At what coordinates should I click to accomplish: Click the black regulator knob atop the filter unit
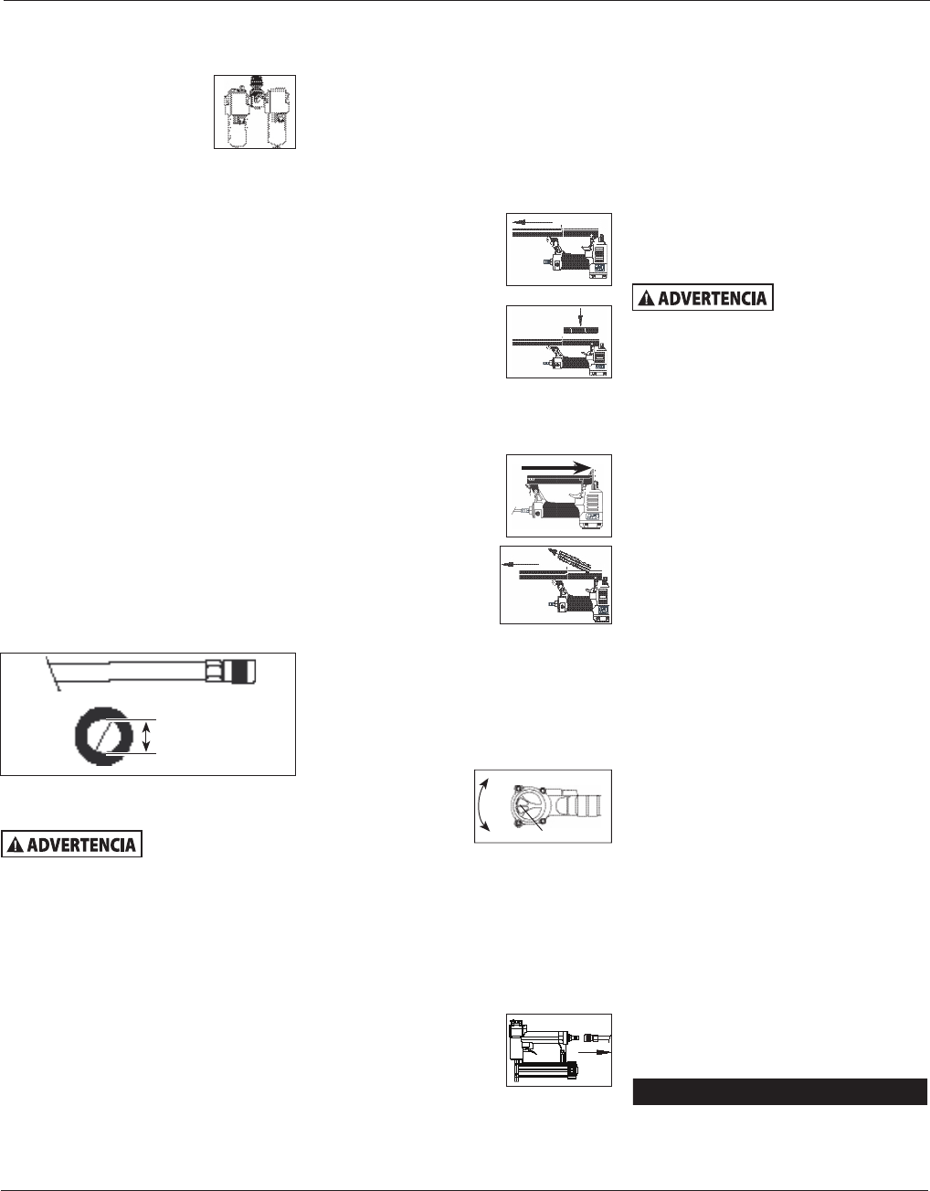pos(257,86)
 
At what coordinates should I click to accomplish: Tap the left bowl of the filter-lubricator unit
pos(236,128)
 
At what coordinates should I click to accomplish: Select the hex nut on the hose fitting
pos(214,672)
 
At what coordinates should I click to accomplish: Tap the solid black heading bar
pos(779,1091)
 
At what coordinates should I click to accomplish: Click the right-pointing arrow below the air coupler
pos(595,1052)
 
